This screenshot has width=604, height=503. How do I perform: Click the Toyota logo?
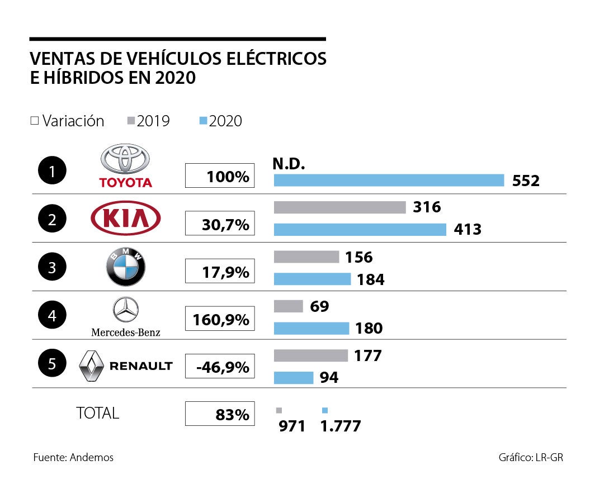coord(125,165)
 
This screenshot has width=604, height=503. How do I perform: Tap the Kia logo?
coord(126,219)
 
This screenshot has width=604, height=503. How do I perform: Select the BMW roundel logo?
coord(126,267)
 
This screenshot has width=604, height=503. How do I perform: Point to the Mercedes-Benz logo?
coord(126,316)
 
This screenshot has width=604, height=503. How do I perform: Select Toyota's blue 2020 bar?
coord(389,180)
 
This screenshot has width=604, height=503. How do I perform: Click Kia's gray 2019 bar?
coord(339,207)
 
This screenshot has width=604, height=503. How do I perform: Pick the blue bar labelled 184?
coord(312,279)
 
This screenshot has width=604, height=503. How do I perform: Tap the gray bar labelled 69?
coord(288,306)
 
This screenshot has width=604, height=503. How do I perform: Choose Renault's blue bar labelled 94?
coord(293,378)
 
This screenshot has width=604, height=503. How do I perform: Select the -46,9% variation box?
coord(220,368)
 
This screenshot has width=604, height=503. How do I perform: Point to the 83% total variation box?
coord(220,414)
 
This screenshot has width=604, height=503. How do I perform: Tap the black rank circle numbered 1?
coord(52,171)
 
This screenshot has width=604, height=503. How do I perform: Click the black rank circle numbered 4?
coord(52,316)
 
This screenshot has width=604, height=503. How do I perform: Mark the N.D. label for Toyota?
coord(289,163)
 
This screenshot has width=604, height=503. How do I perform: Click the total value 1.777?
coord(340,426)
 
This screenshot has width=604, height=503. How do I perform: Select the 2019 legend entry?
coord(149,121)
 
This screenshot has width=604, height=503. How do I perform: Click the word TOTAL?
coord(97,413)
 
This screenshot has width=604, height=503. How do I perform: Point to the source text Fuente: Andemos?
coord(73,457)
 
